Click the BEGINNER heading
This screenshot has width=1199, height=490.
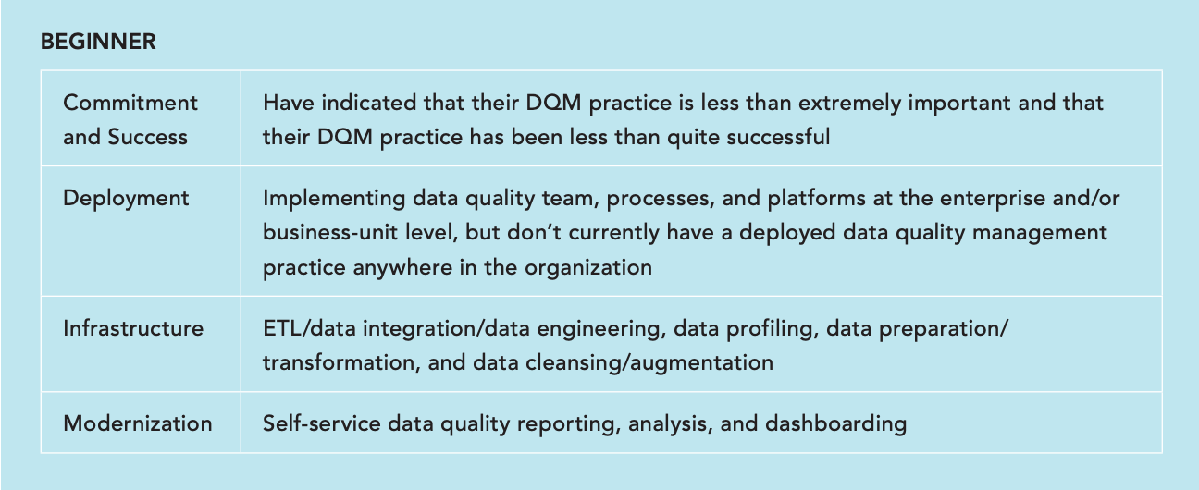98,42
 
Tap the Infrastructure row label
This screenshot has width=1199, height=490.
133,328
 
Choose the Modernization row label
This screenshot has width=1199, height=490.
138,423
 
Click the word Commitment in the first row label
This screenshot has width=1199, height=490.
130,103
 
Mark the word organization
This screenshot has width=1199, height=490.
588,268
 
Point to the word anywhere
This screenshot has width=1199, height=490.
402,268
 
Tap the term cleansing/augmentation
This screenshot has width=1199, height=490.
649,363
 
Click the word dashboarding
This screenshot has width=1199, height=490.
836,424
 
